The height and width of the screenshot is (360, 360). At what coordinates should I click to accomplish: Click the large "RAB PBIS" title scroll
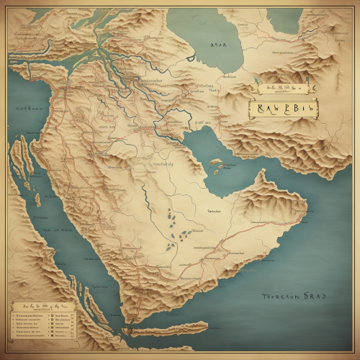click(x=282, y=108)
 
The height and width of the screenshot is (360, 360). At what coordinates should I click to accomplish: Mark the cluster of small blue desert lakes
click(x=176, y=230)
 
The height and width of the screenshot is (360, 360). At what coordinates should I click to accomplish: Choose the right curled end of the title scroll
click(x=316, y=108)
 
